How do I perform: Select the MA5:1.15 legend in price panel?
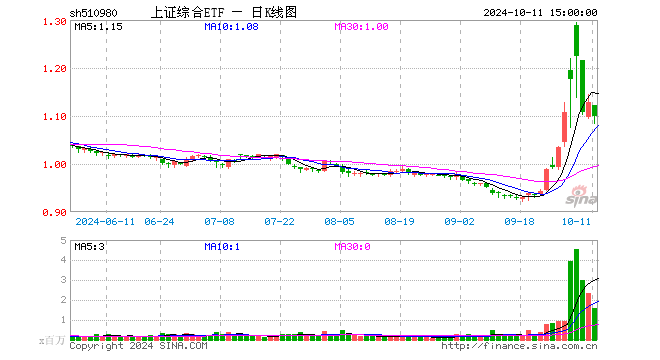[98, 27]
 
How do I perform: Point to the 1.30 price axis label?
[55, 22]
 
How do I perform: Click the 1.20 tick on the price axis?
[55, 69]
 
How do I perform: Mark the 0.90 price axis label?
[55, 213]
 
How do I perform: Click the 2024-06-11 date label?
[105, 221]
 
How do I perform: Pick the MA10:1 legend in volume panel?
[222, 246]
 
